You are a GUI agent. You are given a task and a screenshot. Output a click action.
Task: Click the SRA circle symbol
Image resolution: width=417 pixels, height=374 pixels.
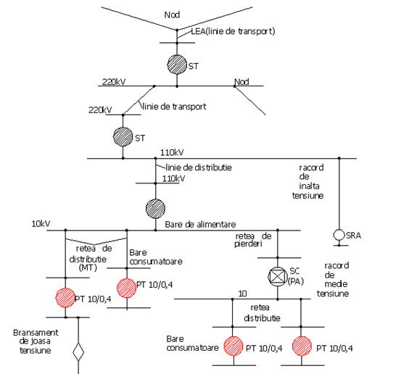tap(339, 235)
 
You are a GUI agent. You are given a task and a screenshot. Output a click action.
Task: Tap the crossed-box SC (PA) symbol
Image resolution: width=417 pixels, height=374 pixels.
tap(277, 276)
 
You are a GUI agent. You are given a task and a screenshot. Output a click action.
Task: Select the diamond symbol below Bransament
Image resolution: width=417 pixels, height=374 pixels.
tap(78, 352)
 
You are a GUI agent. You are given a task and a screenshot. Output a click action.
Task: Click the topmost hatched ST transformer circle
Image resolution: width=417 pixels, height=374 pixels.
tap(177, 65)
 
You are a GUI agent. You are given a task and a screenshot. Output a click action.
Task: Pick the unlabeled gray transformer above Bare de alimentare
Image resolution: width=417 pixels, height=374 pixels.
tap(156, 209)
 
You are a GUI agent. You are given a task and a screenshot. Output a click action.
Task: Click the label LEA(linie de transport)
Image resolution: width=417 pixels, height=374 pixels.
tap(233, 31)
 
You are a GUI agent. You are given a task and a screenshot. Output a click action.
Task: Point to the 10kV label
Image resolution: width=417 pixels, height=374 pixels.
tap(41, 224)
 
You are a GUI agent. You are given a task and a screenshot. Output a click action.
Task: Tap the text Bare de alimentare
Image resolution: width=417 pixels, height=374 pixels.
tap(200, 225)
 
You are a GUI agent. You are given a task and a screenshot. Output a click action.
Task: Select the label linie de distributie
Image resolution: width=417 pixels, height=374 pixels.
tap(199, 167)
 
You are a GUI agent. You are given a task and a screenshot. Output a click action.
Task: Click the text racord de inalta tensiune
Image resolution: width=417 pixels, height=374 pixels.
tap(308, 181)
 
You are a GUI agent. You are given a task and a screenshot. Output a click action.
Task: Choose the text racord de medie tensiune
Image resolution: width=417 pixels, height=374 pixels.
tap(333, 279)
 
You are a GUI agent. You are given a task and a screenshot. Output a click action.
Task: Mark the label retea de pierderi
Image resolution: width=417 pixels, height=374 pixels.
tap(253, 240)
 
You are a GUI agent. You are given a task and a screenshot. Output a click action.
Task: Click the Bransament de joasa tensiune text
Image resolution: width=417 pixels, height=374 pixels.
tap(36, 341)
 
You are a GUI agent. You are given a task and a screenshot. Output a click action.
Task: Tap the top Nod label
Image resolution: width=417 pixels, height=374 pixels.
tap(172, 14)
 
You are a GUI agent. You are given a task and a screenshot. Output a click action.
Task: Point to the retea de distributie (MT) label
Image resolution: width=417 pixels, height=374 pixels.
tap(91, 258)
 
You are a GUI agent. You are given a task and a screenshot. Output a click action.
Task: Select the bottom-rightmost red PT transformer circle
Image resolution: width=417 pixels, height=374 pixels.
tap(302, 346)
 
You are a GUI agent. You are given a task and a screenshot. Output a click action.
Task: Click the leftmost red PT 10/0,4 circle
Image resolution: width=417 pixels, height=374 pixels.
tap(65, 298)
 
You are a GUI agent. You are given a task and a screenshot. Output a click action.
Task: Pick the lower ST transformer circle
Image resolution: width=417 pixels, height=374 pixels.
tap(123, 137)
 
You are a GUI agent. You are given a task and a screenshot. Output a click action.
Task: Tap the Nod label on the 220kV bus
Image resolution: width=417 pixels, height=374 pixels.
tap(241, 82)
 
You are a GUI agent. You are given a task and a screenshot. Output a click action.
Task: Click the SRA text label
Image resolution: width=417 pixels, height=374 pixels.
tap(353, 236)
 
